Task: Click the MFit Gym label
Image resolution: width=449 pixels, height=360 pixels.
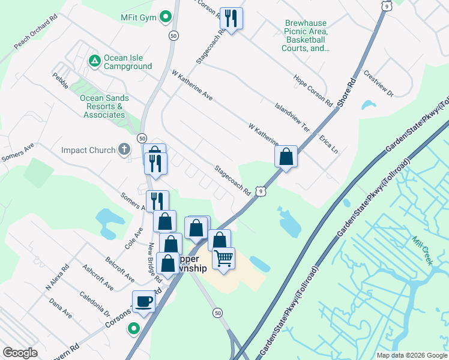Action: coord(137,18)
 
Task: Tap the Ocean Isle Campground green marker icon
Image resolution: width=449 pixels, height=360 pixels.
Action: coord(94,61)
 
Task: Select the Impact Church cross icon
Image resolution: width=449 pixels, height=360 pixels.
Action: coord(124,149)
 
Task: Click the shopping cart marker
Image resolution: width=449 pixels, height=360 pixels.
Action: coord(223,259)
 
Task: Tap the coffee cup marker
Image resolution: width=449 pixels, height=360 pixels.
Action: coord(144,301)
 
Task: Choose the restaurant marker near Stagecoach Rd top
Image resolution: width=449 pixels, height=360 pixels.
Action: coord(231,19)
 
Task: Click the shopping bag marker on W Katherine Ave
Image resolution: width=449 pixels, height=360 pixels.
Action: coord(286,157)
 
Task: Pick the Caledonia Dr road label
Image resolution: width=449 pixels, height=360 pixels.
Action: coord(95,304)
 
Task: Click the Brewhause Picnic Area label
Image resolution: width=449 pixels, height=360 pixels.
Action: coord(306,37)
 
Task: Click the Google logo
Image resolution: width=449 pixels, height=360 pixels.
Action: coord(20,353)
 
